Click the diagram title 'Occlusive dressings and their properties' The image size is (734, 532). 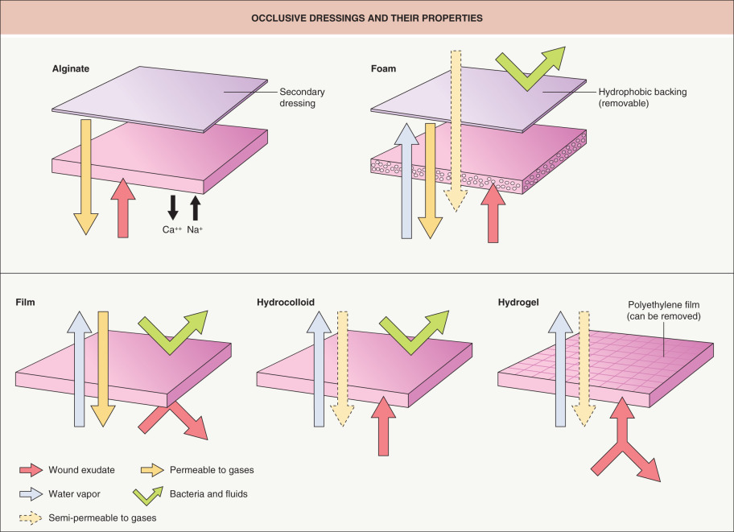click(x=367, y=17)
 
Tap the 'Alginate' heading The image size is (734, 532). click(x=70, y=69)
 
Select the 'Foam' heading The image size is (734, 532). click(x=384, y=69)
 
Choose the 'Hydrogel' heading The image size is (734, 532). click(x=521, y=303)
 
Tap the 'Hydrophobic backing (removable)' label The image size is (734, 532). click(x=637, y=97)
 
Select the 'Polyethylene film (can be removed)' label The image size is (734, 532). click(x=664, y=311)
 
